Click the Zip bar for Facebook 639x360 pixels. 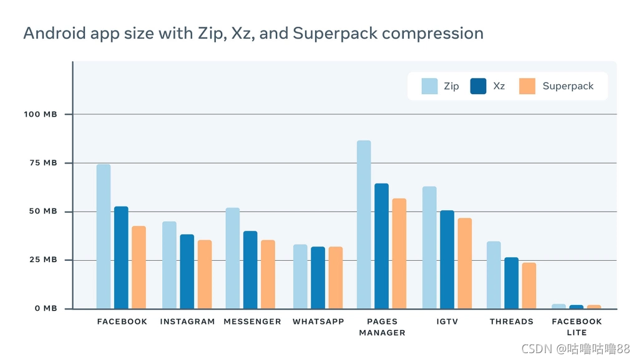pos(104,236)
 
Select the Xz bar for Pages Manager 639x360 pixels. pos(381,246)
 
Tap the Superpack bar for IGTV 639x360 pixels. pos(464,263)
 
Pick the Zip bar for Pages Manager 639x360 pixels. pos(364,225)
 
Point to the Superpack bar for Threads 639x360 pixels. pos(529,286)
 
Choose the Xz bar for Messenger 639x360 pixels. pos(250,270)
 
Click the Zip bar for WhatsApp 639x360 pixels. pos(300,276)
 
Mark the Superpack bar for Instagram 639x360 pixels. pos(205,274)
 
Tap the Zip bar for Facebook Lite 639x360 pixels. pos(559,306)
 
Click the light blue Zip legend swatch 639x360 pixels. pos(429,86)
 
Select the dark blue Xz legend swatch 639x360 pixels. pos(478,86)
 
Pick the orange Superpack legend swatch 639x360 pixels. pos(527,86)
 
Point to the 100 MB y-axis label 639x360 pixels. pos(41,114)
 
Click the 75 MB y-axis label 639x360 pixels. pos(43,163)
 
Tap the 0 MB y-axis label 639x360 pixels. pos(46,308)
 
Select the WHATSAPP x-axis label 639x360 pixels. pos(318,322)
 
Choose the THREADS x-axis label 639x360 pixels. pos(512,322)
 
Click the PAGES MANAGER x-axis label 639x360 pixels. pos(383,327)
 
